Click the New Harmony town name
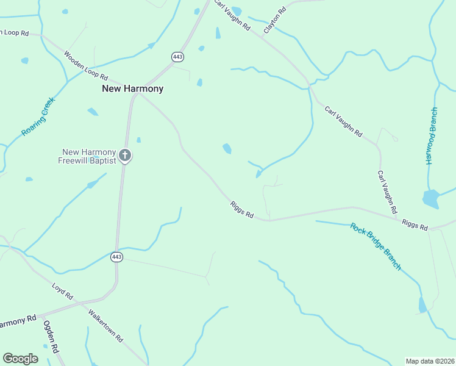coord(132,88)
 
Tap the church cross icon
coord(125,156)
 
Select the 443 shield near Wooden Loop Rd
coord(177,57)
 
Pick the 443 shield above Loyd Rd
coord(116,257)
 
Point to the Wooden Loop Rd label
coord(85,66)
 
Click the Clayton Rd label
coord(275,21)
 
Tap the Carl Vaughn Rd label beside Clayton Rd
coord(232,16)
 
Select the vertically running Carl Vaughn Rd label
coord(387,192)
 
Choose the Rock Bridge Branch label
coord(376,246)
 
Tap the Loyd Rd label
coord(62,291)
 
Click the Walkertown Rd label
coord(105,326)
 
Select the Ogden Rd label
coord(51,337)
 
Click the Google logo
coord(20,359)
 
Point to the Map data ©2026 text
coord(430,361)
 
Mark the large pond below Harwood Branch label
coord(430,198)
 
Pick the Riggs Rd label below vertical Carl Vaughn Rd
coord(415,224)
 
